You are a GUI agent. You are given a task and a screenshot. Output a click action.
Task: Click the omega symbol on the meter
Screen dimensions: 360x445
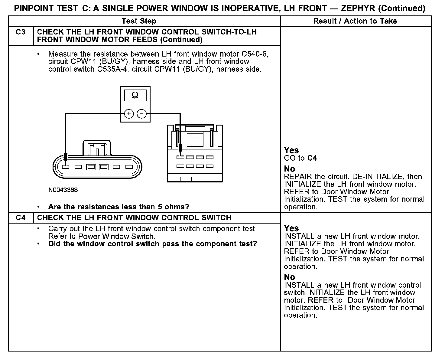pyautogui.click(x=135, y=96)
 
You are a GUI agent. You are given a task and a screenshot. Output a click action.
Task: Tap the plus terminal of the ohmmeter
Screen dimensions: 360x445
pyautogui.click(x=129, y=114)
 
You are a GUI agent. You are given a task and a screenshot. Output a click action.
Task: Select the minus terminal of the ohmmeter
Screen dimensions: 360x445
pyautogui.click(x=141, y=114)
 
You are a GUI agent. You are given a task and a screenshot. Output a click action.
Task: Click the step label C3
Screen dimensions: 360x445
pyautogui.click(x=21, y=32)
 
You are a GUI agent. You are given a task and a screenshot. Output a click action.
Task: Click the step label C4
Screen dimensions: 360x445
pyautogui.click(x=21, y=218)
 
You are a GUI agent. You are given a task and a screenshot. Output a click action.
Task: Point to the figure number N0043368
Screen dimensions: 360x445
pyautogui.click(x=63, y=190)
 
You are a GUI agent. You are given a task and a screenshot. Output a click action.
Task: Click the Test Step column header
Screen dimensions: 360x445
pyautogui.click(x=139, y=21)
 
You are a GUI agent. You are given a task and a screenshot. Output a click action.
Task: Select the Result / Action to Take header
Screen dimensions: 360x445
pyautogui.click(x=355, y=21)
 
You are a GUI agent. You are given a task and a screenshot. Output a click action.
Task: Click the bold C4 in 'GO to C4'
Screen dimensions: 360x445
pyautogui.click(x=313, y=158)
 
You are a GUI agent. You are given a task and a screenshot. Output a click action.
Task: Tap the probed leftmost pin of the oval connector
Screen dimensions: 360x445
pyautogui.click(x=66, y=167)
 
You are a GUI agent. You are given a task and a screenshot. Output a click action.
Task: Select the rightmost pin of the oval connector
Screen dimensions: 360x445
pyautogui.click(x=129, y=167)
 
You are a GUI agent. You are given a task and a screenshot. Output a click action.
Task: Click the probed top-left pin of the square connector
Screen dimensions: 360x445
pyautogui.click(x=180, y=157)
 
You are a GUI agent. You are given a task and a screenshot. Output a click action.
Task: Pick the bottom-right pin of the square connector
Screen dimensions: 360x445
pyautogui.click(x=210, y=166)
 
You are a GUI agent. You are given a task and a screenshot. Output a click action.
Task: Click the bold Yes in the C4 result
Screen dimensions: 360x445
pyautogui.click(x=291, y=228)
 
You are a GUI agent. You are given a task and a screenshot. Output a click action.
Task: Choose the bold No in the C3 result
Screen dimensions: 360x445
pyautogui.click(x=289, y=169)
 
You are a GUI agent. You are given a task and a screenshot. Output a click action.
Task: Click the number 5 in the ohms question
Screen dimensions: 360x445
pyautogui.click(x=160, y=207)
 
